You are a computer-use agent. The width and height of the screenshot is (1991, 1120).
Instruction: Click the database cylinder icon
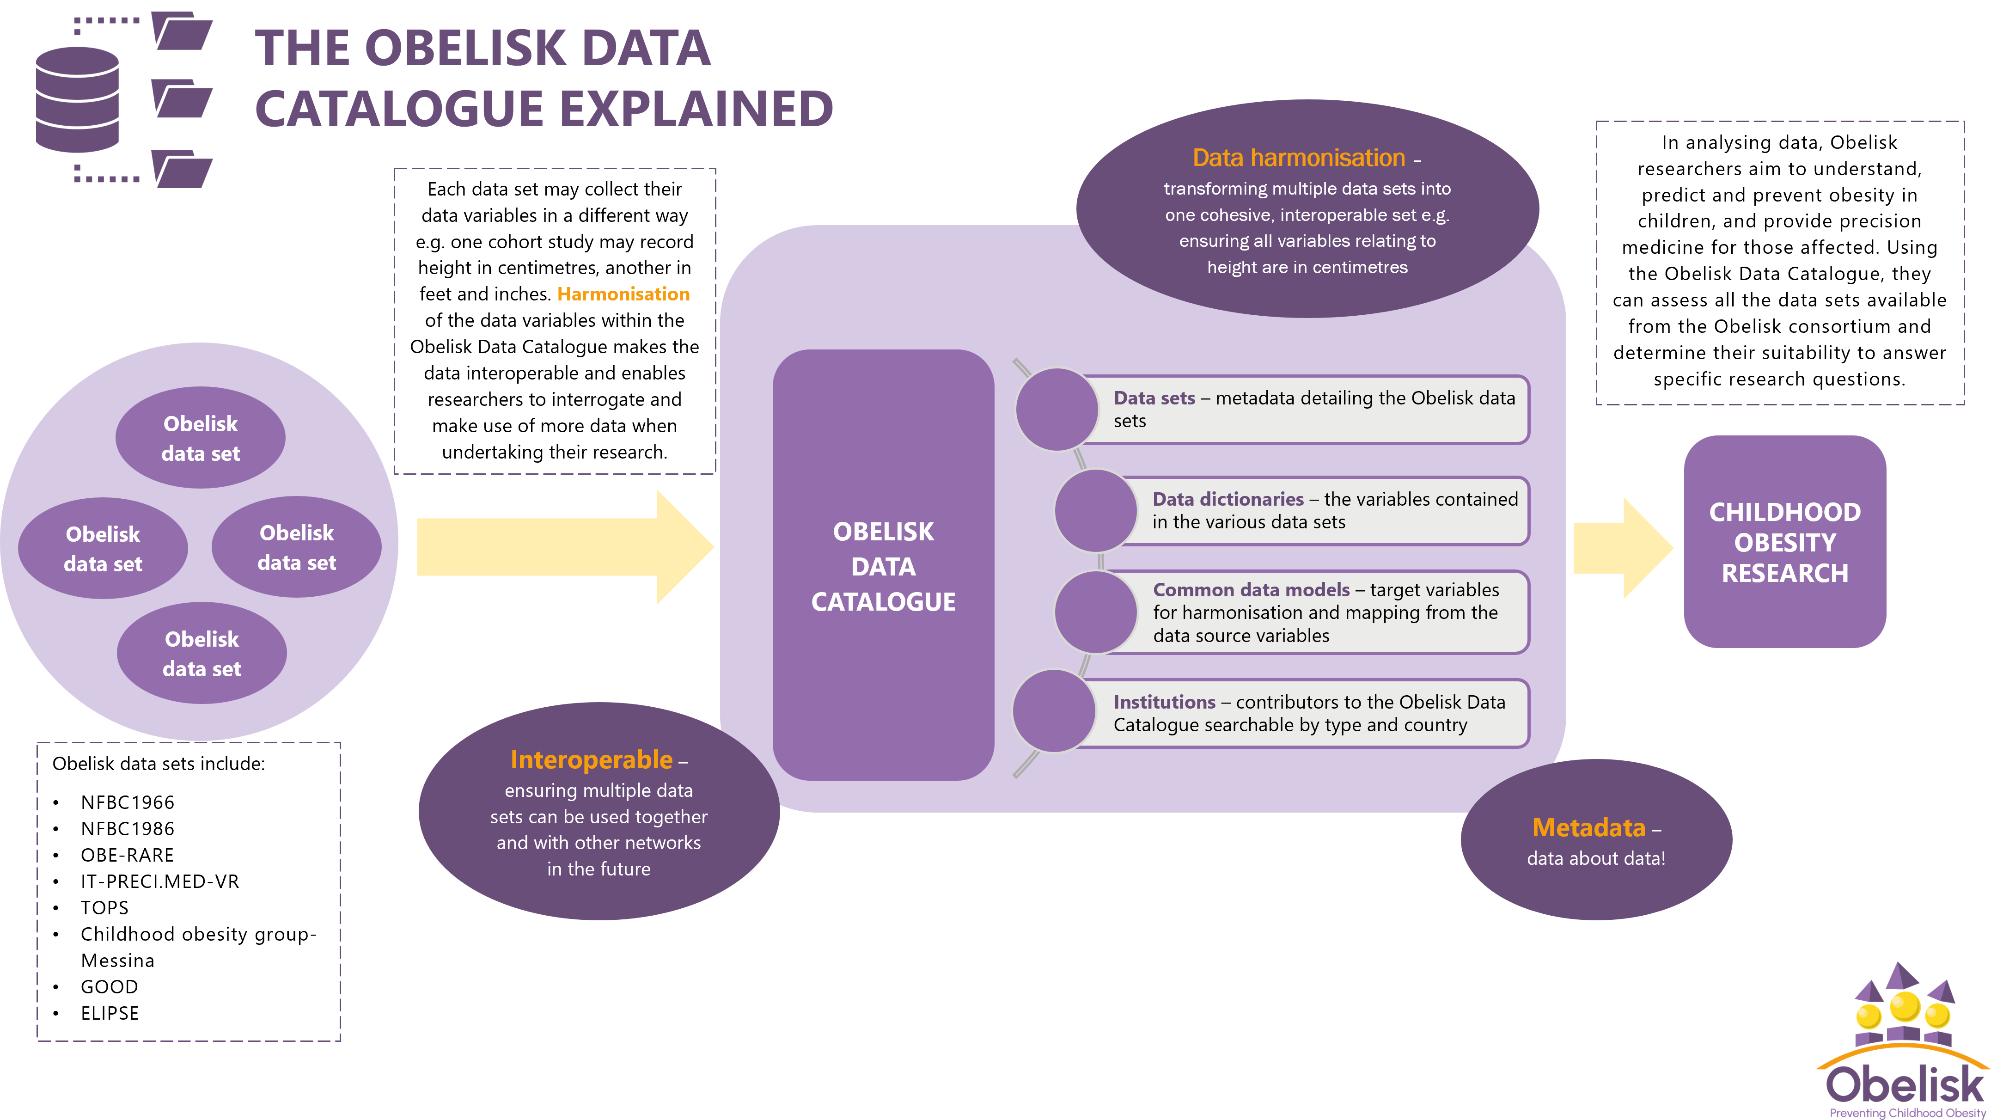click(x=77, y=99)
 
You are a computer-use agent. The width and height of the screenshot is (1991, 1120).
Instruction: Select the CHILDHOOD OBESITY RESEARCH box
click(x=1784, y=542)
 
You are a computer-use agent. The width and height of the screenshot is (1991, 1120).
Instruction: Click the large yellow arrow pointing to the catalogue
click(x=564, y=547)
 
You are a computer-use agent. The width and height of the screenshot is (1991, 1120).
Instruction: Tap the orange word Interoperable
click(x=591, y=760)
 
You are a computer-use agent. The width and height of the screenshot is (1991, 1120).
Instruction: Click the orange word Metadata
click(x=1588, y=828)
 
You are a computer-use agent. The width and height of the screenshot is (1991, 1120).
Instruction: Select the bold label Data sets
click(x=1154, y=398)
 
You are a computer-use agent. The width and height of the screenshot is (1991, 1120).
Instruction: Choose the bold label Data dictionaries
click(x=1228, y=499)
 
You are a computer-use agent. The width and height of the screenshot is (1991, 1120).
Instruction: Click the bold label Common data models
click(x=1251, y=590)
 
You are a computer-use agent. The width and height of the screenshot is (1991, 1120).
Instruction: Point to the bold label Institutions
click(x=1164, y=702)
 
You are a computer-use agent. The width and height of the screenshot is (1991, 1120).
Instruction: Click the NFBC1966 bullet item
click(x=128, y=802)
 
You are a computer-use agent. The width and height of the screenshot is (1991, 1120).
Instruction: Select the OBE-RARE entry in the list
click(x=128, y=855)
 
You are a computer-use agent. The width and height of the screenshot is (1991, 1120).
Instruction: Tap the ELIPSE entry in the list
click(x=110, y=1013)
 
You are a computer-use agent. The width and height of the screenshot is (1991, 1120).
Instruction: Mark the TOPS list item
click(x=104, y=907)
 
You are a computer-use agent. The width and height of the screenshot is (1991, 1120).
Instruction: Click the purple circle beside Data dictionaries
click(x=1095, y=511)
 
